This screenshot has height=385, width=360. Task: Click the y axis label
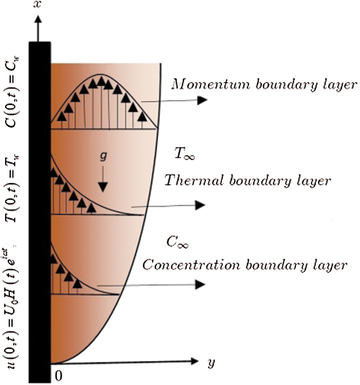click(x=210, y=363)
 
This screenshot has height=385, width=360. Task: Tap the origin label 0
click(x=58, y=376)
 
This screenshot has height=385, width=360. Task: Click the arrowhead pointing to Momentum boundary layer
click(x=202, y=100)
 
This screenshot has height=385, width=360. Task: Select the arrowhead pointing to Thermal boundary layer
click(x=201, y=205)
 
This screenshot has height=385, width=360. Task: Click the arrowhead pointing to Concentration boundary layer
click(x=201, y=285)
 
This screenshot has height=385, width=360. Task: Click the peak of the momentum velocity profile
click(x=101, y=75)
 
